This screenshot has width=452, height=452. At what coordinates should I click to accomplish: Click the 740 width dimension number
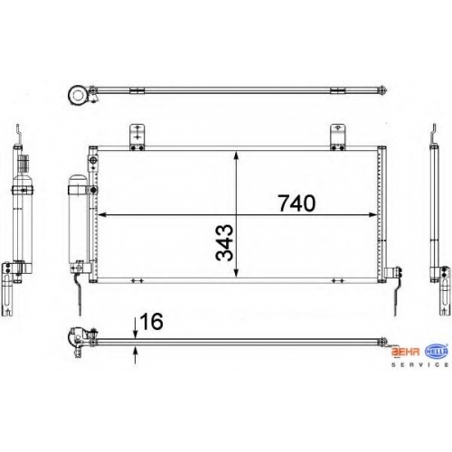[x=297, y=203]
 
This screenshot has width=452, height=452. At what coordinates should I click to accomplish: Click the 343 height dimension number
[x=224, y=242]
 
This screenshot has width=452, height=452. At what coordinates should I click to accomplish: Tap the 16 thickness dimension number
[x=152, y=321]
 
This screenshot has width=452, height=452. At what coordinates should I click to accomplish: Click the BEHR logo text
[x=405, y=352]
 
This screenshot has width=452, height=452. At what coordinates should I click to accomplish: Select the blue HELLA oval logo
[x=437, y=351]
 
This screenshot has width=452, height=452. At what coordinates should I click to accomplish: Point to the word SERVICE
[x=419, y=364]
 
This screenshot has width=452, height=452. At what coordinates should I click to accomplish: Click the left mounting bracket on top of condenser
[x=137, y=137]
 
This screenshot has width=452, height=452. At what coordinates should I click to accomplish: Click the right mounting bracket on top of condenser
[x=338, y=137]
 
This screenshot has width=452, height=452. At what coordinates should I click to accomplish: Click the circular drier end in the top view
[x=79, y=95]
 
